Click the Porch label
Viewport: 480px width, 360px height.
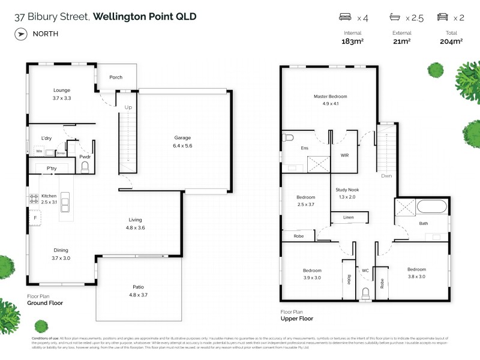click(115, 77)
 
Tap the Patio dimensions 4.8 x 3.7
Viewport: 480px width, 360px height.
click(138, 295)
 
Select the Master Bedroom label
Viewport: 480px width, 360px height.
click(330, 96)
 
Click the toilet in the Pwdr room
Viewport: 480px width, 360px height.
click(85, 166)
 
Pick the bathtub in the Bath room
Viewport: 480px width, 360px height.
click(431, 208)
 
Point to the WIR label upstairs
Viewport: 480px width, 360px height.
click(344, 155)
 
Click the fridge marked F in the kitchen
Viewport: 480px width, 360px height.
click(35, 218)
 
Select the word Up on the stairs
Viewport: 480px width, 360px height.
click(128, 107)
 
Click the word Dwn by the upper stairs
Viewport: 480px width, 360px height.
click(386, 176)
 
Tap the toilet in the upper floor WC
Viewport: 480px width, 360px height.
click(365, 294)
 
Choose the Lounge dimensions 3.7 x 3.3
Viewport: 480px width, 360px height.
click(62, 97)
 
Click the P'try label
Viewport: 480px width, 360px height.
click(52, 169)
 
